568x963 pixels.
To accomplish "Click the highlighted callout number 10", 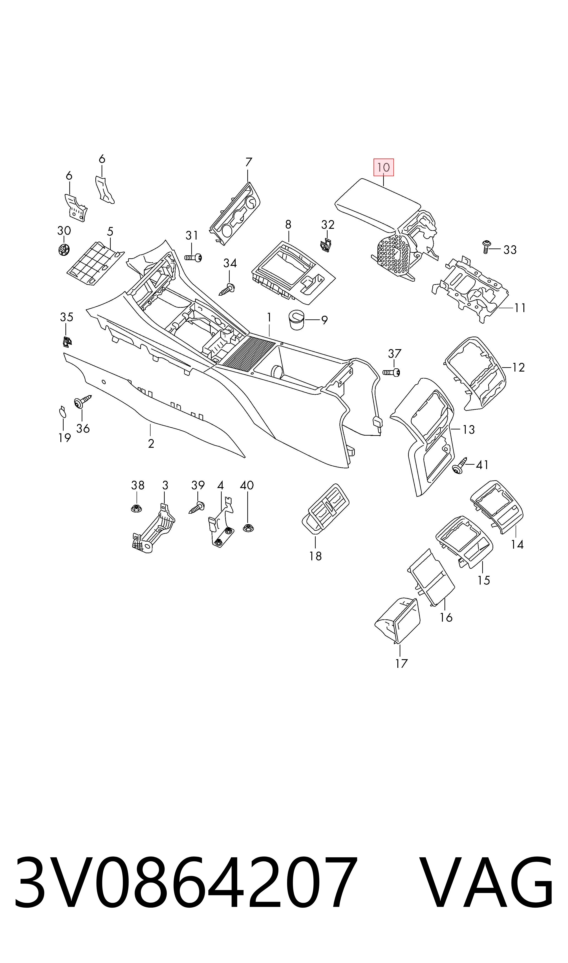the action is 384,167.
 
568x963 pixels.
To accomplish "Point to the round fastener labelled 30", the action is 64,250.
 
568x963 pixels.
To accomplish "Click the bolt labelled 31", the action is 193,258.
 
